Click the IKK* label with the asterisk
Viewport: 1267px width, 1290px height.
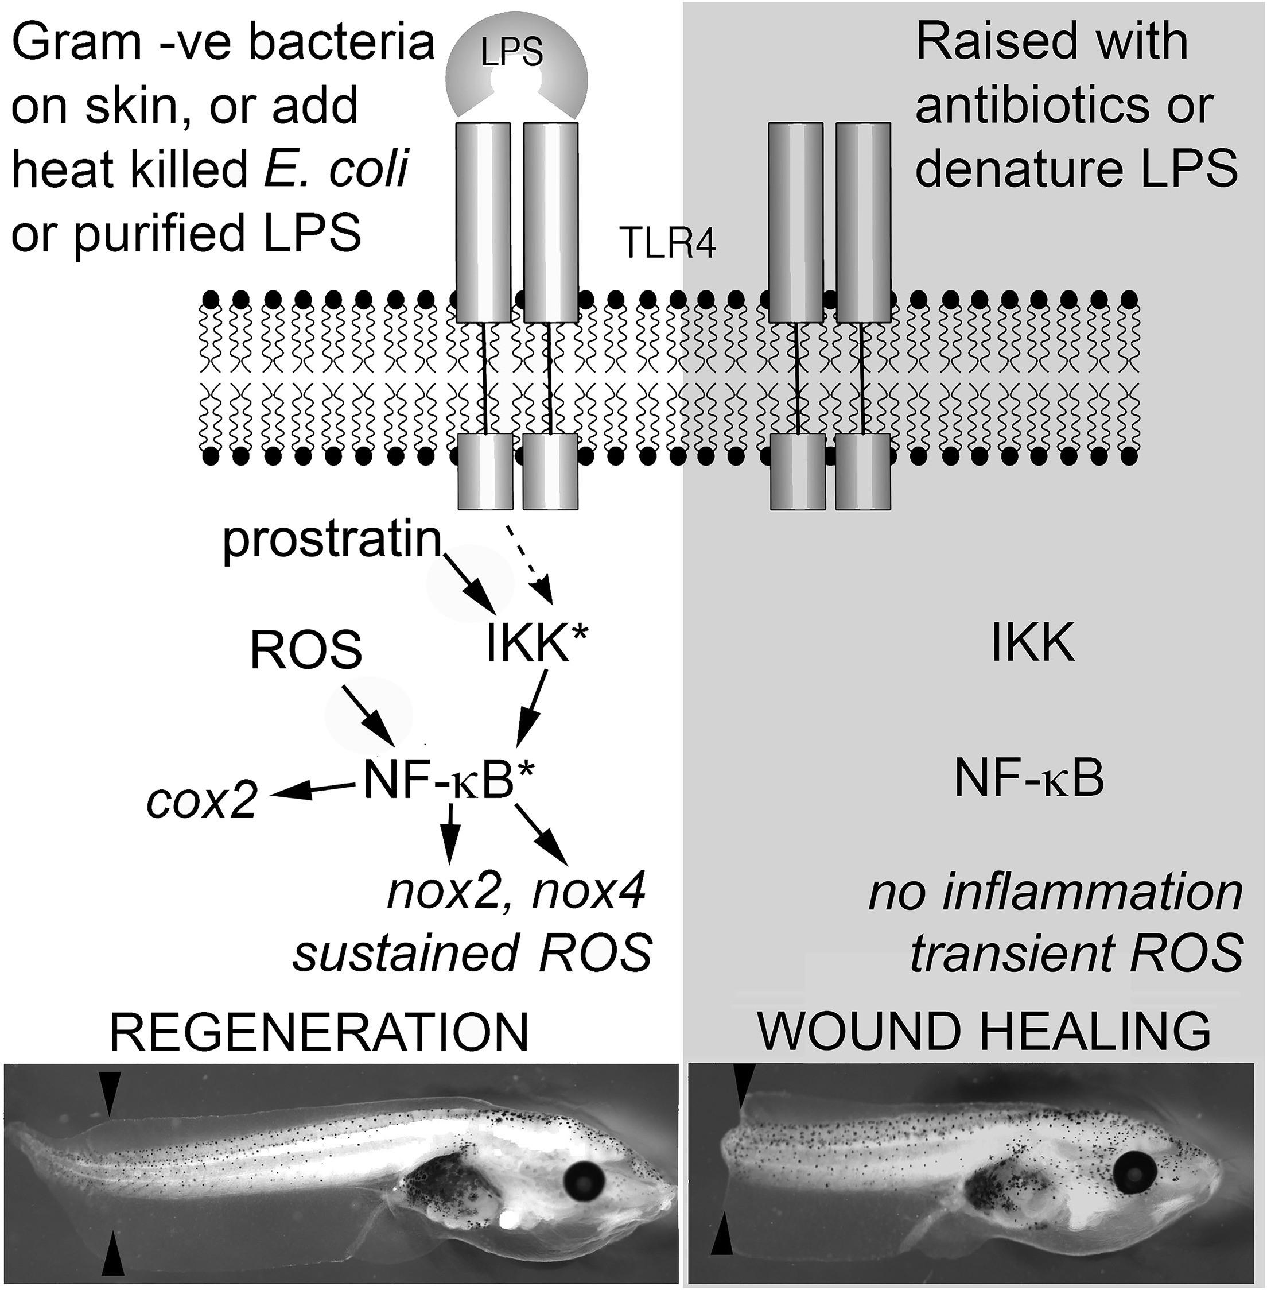536,644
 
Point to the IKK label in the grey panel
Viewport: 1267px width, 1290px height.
1033,644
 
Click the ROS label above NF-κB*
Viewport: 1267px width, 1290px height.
306,649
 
